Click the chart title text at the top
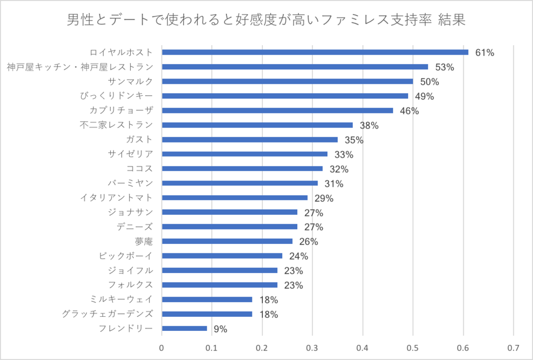point(266,20)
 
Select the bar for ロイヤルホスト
point(315,52)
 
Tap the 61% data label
point(484,53)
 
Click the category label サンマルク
point(130,81)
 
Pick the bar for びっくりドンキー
point(285,96)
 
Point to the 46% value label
point(409,111)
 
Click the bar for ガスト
point(250,139)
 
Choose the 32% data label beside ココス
point(339,169)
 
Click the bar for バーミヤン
point(239,183)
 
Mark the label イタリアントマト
point(117,198)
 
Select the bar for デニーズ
point(230,227)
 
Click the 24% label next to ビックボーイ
point(299,256)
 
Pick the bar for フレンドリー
point(184,328)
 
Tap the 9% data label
point(221,329)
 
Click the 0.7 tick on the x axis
point(513,348)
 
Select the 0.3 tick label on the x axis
point(312,348)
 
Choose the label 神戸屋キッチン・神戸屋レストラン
point(80,67)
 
